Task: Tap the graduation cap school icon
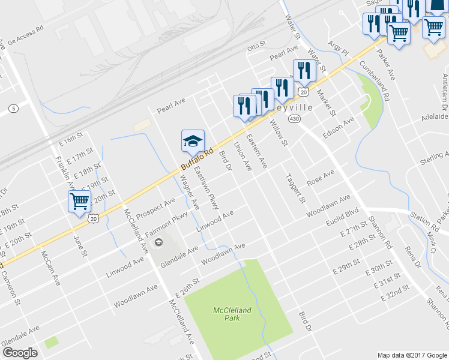(193, 142)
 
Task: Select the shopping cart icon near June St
(79, 202)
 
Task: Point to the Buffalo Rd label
(197, 159)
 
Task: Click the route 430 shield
(294, 119)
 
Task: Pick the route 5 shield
(13, 108)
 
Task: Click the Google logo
(20, 353)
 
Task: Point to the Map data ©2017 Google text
(412, 355)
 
